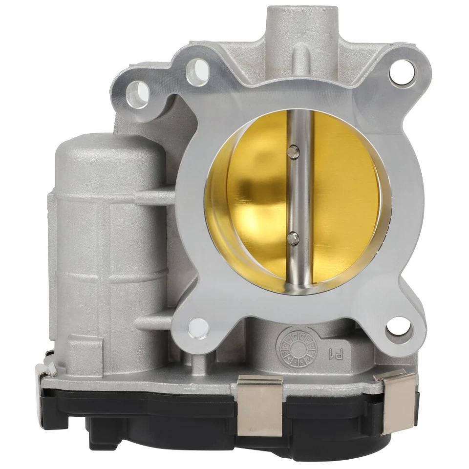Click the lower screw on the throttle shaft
coord(293,238)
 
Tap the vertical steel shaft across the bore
coord(299,195)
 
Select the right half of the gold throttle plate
coord(344,195)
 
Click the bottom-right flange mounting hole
coord(399,326)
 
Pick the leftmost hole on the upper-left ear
coord(138,93)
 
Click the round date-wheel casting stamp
coord(297,348)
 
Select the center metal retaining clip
coord(260,405)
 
